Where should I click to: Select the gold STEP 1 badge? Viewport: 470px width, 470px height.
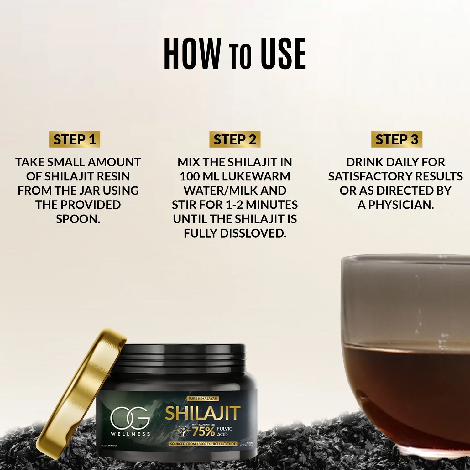(75, 139)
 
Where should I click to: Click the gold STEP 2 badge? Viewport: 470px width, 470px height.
(235, 139)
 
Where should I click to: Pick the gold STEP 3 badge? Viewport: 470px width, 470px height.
(397, 139)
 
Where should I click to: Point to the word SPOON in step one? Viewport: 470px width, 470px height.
(78, 219)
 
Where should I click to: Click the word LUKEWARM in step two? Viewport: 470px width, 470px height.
(256, 176)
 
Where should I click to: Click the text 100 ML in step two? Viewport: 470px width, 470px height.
(199, 176)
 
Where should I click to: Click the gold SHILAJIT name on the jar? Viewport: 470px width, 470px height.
(203, 413)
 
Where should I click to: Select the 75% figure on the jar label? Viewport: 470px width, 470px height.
(203, 431)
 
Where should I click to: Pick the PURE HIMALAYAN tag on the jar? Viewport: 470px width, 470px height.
(203, 399)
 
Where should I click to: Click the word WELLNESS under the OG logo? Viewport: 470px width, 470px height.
(130, 434)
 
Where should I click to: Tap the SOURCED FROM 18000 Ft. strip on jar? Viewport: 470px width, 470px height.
(203, 444)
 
